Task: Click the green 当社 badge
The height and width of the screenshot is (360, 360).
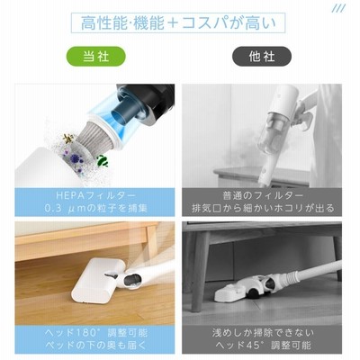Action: [95, 56]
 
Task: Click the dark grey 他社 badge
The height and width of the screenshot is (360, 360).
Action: [262, 56]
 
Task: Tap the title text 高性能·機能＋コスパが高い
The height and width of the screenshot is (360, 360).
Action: [178, 23]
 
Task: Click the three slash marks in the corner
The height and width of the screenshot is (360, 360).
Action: [339, 8]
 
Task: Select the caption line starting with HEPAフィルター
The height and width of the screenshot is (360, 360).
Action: [95, 195]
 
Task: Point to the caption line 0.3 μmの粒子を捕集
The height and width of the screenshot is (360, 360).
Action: [95, 208]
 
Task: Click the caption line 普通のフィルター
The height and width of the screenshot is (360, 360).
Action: [263, 195]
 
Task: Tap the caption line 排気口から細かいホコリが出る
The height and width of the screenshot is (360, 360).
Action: [263, 208]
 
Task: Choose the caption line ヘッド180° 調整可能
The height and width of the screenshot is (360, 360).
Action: [95, 332]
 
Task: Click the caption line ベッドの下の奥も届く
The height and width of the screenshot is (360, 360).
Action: [95, 345]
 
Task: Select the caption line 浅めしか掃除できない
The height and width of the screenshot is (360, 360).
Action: [263, 332]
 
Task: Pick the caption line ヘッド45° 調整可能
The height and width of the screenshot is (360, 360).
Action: [263, 345]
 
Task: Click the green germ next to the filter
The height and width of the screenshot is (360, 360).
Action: [103, 160]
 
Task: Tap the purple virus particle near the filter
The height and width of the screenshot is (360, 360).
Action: [75, 158]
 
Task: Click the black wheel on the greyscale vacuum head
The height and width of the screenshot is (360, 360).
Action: [254, 292]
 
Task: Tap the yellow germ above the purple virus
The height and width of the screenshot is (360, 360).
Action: [68, 139]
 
